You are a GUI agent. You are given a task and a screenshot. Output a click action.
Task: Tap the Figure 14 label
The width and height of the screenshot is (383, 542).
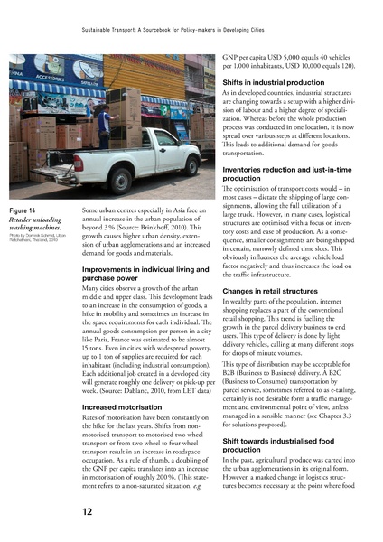(23, 210)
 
